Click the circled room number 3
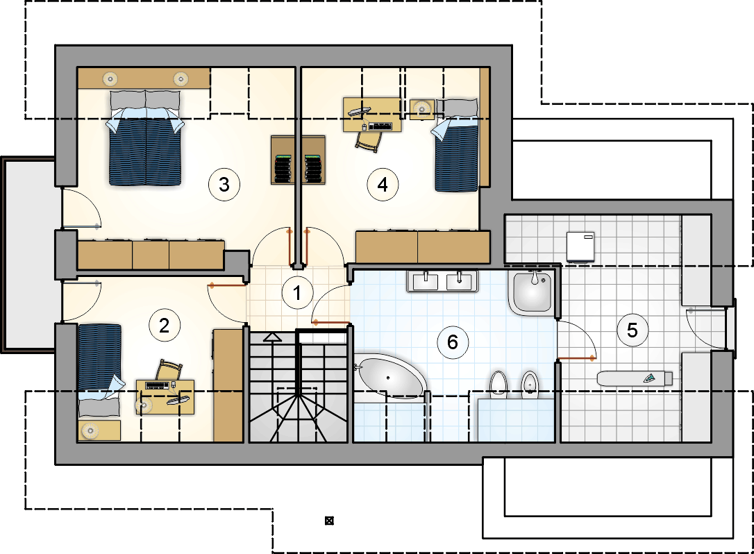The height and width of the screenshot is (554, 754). (224, 184)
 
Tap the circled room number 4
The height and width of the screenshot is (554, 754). (383, 184)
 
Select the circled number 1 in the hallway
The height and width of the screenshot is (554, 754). (297, 292)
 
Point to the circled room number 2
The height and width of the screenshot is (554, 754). (165, 326)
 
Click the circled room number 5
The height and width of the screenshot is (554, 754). (632, 330)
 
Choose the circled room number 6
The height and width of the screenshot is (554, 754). (453, 342)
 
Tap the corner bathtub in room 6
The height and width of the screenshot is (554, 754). (389, 377)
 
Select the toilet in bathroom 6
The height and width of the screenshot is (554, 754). (499, 383)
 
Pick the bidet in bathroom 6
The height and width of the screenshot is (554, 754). (530, 383)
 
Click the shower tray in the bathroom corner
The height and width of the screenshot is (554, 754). (533, 292)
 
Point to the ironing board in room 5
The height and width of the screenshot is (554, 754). (635, 378)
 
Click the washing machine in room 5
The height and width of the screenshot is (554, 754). (580, 247)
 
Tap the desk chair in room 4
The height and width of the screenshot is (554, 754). (369, 141)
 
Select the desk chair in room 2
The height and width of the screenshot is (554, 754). (169, 370)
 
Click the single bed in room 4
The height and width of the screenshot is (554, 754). (457, 145)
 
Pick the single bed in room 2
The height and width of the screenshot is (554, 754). (99, 370)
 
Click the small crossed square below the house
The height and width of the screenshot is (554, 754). (329, 521)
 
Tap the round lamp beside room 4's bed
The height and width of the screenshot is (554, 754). (422, 109)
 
